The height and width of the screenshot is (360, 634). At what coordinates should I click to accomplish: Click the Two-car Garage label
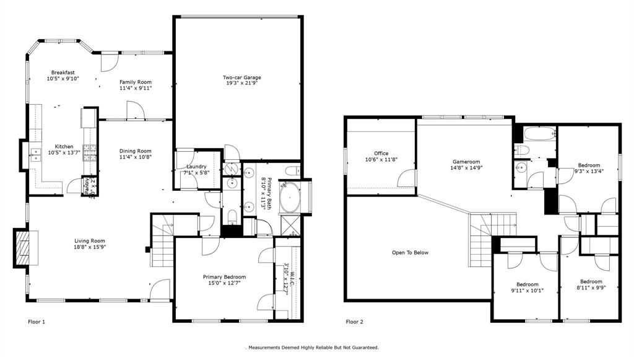pos(242,77)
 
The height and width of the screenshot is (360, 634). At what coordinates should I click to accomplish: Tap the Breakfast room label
pos(63,72)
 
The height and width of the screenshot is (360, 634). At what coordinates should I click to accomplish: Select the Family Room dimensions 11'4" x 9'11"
pos(136,88)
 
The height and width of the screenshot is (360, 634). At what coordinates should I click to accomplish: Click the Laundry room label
pos(196,167)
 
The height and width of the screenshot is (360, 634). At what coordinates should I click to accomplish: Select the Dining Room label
pos(136,151)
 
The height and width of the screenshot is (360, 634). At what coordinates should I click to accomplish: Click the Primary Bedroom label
pos(225,277)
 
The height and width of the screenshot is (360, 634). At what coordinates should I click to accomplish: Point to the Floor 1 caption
pos(37,322)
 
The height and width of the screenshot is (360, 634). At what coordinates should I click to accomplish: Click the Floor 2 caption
pos(354,322)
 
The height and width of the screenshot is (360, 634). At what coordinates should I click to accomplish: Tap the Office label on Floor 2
pos(381,153)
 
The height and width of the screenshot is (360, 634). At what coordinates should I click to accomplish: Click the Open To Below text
pos(410,252)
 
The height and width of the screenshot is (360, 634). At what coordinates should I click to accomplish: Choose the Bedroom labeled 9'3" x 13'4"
pos(588,165)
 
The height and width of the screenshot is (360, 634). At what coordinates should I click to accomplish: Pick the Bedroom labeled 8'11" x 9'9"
pos(591,281)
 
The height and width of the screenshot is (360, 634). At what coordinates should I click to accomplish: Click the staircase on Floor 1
pos(162,244)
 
